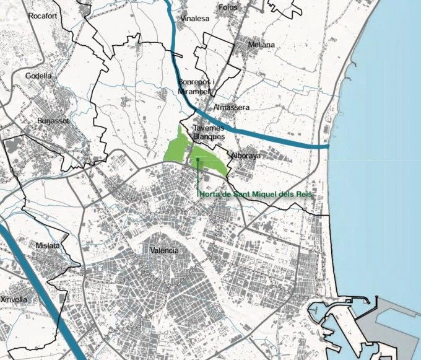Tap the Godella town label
click(38, 76)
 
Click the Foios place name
click(228, 7)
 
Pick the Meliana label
click(261, 45)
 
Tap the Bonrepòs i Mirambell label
click(196, 86)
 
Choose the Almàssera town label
click(231, 108)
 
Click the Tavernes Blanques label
click(208, 133)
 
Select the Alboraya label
click(246, 156)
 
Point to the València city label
click(164, 250)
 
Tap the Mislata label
click(48, 245)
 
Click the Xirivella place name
click(15, 299)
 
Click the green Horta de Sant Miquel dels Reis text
click(256, 195)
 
